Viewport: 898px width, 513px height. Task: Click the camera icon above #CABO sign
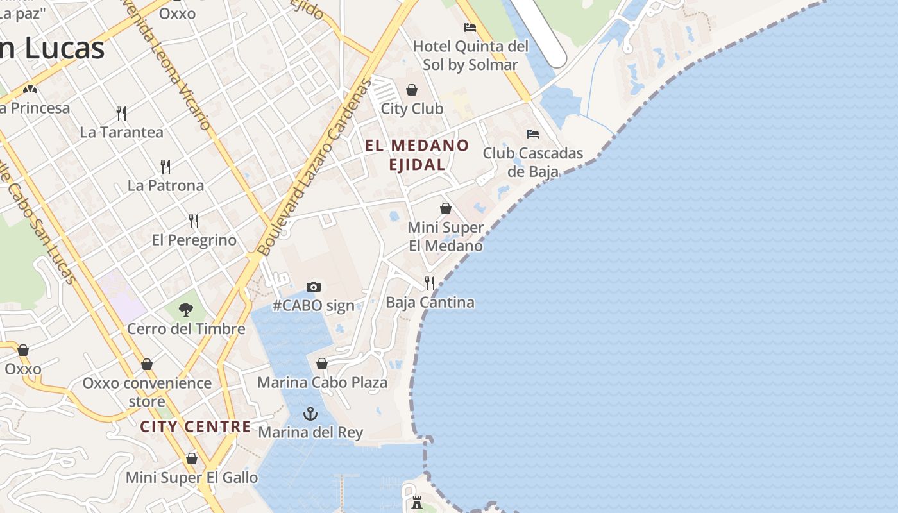point(313,287)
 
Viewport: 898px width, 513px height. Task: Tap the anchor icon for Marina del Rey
point(310,414)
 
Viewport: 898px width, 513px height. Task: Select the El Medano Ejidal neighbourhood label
point(417,155)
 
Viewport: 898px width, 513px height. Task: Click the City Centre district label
point(196,426)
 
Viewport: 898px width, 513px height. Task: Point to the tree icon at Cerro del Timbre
point(186,310)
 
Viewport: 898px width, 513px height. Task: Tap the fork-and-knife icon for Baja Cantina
point(430,283)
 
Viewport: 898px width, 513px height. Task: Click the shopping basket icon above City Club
point(412,90)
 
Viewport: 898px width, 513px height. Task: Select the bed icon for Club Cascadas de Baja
point(533,134)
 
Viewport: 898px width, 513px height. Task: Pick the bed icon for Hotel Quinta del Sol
point(470,28)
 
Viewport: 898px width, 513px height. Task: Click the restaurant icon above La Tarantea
point(121,114)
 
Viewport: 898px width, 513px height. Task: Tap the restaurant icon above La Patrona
point(165,167)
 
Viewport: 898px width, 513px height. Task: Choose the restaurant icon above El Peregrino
point(194,221)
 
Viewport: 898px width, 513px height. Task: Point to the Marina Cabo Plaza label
point(322,383)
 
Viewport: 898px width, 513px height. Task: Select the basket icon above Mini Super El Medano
point(446,208)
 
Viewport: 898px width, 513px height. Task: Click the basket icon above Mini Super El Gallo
point(191,458)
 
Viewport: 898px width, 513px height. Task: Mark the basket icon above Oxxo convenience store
point(147,364)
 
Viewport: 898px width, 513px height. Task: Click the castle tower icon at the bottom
point(417,503)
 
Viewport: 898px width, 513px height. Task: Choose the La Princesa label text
point(35,108)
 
